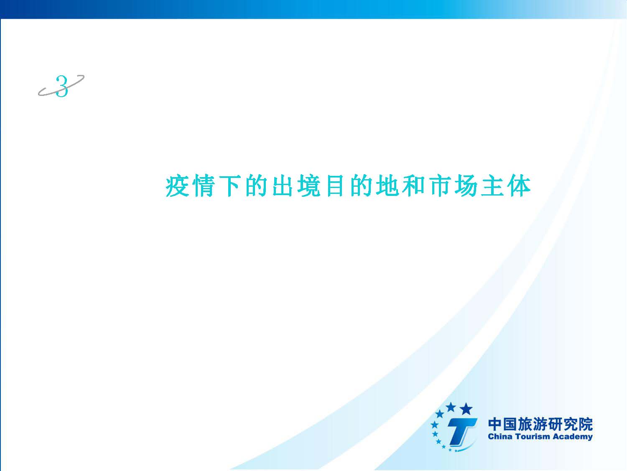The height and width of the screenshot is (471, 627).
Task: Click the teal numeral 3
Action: coord(62,86)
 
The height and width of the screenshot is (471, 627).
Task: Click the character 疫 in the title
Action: coord(177,186)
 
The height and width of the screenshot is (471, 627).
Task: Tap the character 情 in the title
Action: coord(204,186)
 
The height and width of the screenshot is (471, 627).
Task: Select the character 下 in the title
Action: coord(229,186)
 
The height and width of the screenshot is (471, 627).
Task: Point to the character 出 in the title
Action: coord(283,186)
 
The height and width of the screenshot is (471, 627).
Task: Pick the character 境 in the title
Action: coord(309,186)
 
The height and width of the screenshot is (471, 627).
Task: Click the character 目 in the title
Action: coord(335,186)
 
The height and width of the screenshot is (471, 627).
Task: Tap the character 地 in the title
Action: coord(387,186)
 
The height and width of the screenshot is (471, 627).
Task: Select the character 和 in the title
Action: coord(413,186)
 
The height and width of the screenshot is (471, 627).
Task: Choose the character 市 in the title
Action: coord(440,186)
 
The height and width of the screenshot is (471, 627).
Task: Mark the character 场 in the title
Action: coord(466,186)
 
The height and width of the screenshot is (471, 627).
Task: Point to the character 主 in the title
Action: coord(492,186)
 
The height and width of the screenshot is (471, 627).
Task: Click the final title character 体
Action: coord(519,186)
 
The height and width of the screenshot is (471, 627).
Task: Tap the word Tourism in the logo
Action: coord(532,437)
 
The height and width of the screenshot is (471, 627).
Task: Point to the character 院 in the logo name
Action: coord(586,424)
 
